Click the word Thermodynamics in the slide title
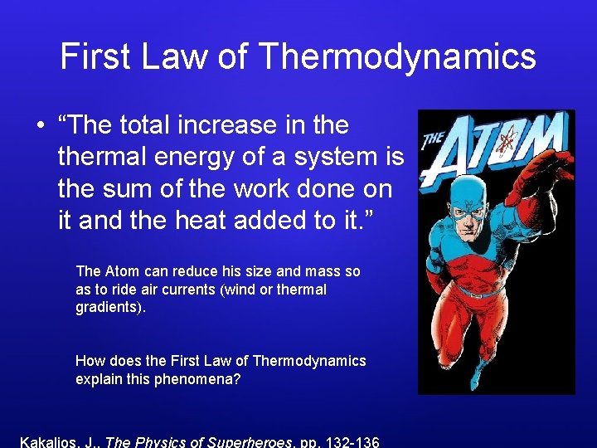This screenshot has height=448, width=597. click(397, 56)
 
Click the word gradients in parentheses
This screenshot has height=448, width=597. click(104, 308)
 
